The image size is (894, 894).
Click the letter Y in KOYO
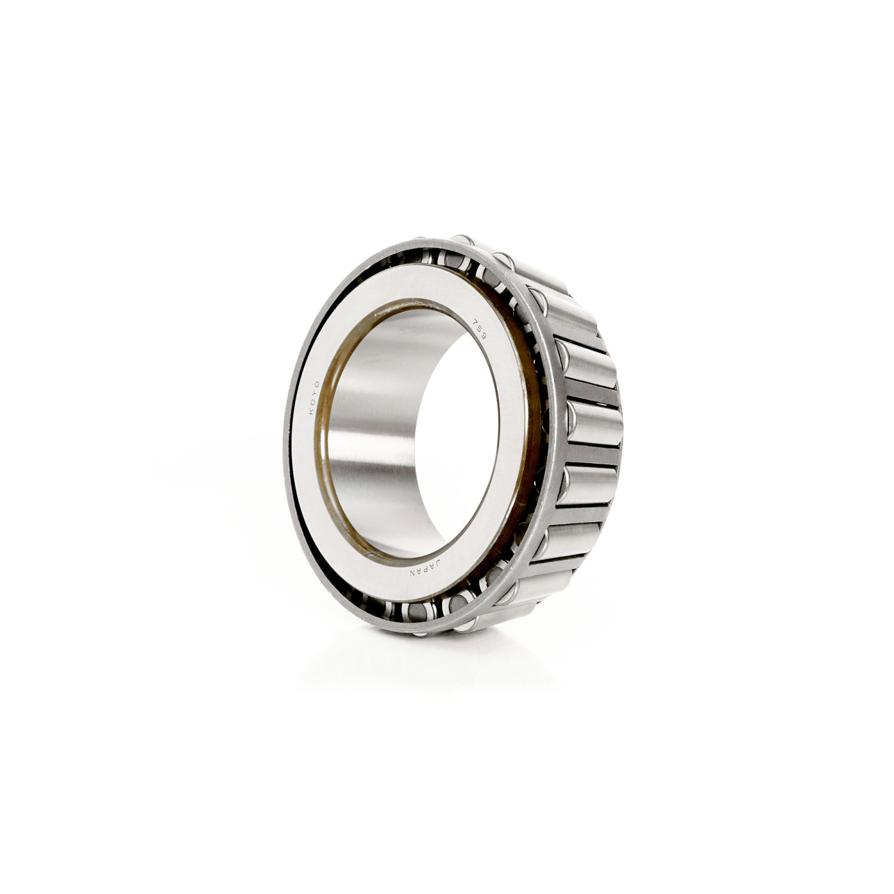pos(314,393)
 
